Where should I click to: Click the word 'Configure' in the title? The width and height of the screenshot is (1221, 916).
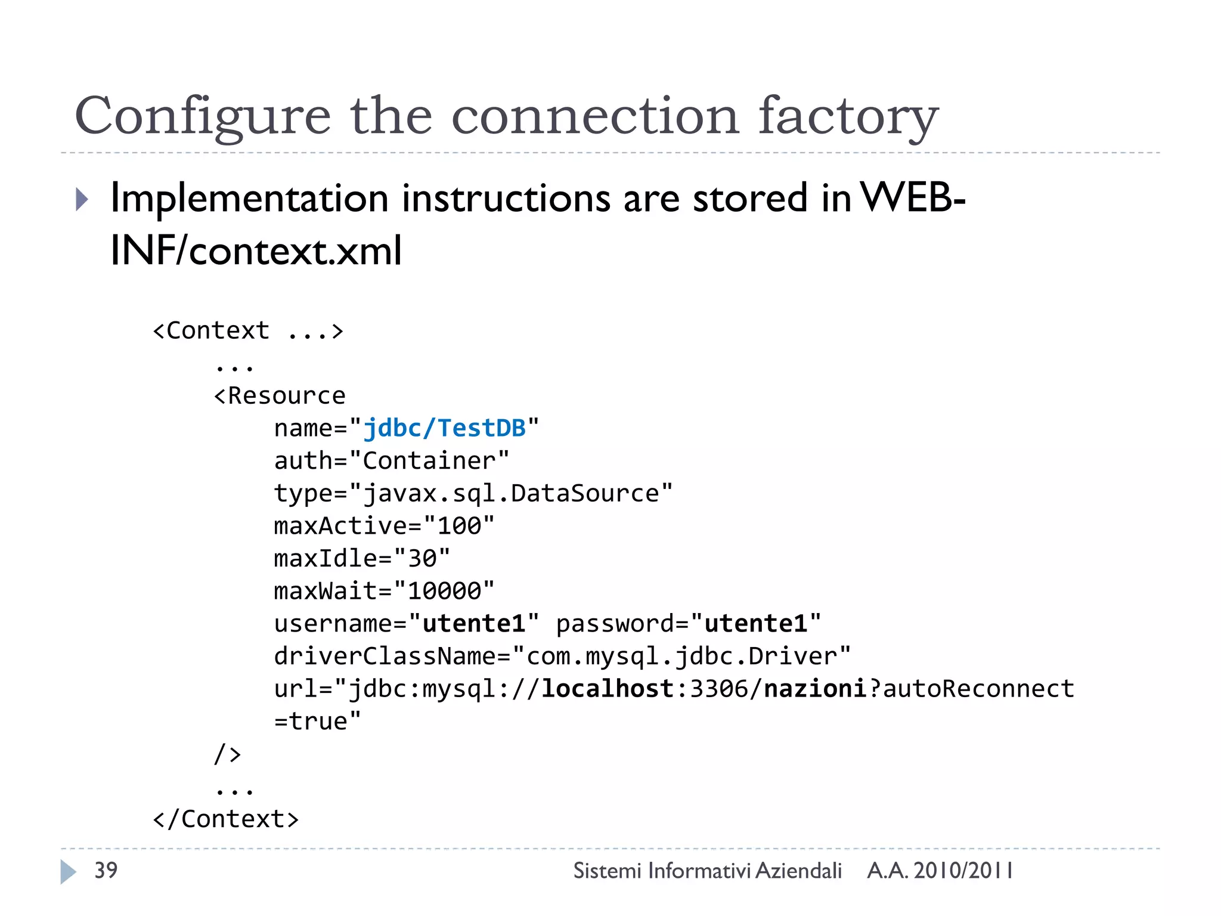click(x=202, y=116)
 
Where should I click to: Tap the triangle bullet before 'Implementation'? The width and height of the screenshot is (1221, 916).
click(x=82, y=199)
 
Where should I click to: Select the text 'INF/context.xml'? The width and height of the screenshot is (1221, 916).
click(x=256, y=250)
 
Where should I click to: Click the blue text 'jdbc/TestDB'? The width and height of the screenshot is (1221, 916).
click(x=444, y=428)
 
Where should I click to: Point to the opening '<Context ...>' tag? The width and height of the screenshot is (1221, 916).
click(x=248, y=330)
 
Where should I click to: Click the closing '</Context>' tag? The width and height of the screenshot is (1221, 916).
click(x=226, y=819)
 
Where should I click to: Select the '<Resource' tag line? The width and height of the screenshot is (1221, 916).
click(x=280, y=395)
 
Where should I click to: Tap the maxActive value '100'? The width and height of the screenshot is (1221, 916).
click(x=459, y=526)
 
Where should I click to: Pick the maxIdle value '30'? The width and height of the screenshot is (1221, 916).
click(x=422, y=559)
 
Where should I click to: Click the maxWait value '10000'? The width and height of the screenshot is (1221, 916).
click(x=444, y=591)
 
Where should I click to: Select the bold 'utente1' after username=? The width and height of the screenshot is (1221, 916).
click(x=474, y=624)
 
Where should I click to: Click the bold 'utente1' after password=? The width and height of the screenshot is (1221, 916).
click(x=756, y=624)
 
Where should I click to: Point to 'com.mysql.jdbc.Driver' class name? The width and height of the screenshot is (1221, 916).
click(x=681, y=656)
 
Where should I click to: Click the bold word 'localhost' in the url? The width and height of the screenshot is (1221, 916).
click(x=608, y=689)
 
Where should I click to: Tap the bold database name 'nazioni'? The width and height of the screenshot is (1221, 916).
click(x=815, y=689)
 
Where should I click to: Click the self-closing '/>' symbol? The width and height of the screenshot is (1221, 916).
click(x=227, y=754)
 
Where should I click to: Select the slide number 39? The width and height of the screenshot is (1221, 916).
click(x=106, y=870)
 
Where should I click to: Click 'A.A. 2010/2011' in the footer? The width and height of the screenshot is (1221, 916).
click(x=940, y=871)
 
